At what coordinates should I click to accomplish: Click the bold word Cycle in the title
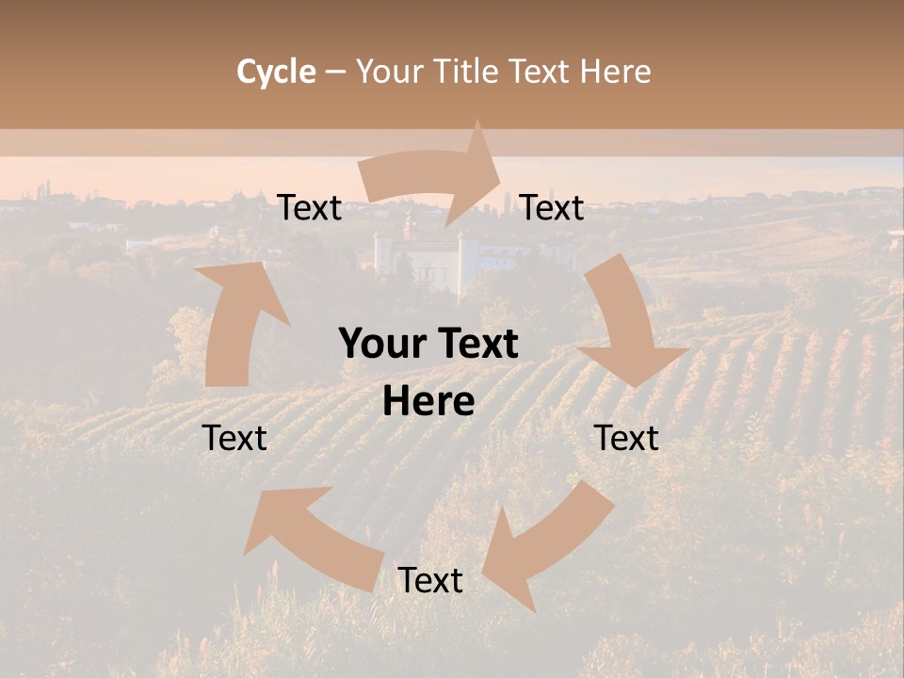(x=276, y=72)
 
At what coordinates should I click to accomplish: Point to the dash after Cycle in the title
(x=335, y=72)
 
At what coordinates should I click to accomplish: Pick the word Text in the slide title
(x=541, y=72)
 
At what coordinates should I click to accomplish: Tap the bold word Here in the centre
(x=428, y=402)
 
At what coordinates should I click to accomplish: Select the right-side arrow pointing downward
(x=626, y=325)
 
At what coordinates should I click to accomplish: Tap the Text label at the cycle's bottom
(x=430, y=580)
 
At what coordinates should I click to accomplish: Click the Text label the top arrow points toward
(x=553, y=208)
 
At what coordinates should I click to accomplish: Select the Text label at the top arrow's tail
(x=310, y=208)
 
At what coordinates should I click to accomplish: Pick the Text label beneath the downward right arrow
(x=627, y=438)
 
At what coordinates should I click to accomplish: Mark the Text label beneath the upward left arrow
(x=235, y=438)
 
